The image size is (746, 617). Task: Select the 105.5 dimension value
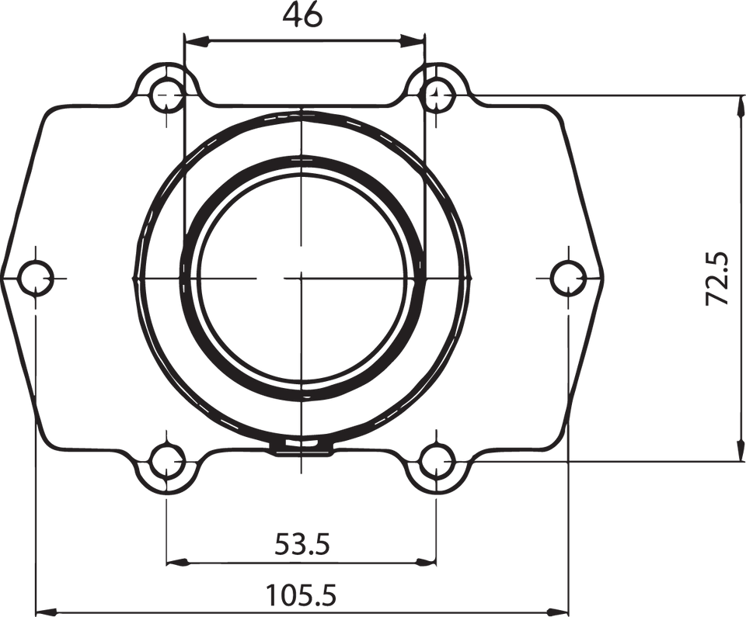(302, 596)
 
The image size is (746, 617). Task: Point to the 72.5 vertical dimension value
(716, 277)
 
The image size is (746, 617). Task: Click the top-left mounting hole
(167, 95)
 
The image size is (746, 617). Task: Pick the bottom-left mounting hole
(167, 463)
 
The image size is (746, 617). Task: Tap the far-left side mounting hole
(36, 277)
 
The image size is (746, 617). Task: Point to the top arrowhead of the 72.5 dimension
(737, 103)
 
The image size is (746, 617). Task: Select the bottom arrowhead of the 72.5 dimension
(737, 453)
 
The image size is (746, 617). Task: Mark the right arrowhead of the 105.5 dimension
(559, 610)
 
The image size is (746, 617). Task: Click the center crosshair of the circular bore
(302, 277)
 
